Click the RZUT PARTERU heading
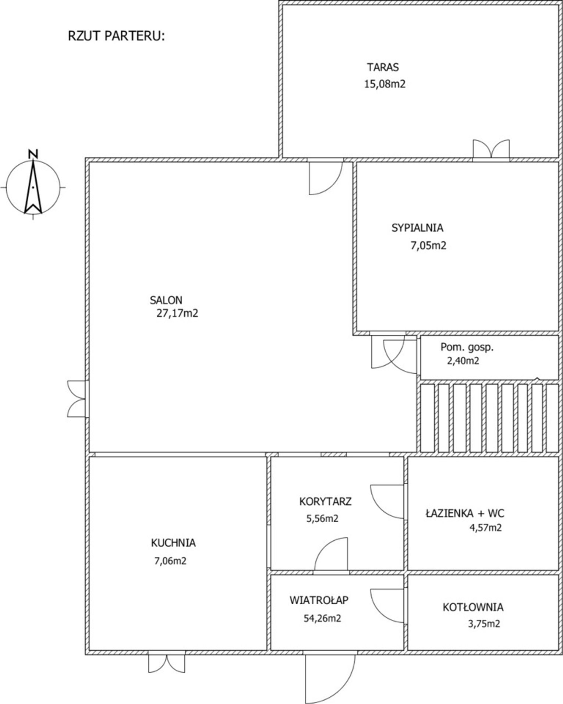point(116,36)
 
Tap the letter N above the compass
point(33,154)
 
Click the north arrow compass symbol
point(33,187)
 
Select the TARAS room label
point(383,67)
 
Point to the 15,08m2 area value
point(385,84)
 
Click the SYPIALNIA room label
point(417,228)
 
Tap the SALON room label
point(166,300)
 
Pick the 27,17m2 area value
point(177,313)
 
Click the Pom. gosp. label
point(467,347)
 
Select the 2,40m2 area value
point(463,361)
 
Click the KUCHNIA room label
point(173,543)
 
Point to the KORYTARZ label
point(325,501)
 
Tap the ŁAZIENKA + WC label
point(465,513)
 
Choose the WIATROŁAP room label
point(319,600)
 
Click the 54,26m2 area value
point(322,618)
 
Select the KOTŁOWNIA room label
point(473,607)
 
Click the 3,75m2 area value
point(484,624)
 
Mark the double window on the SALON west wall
point(77,399)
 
